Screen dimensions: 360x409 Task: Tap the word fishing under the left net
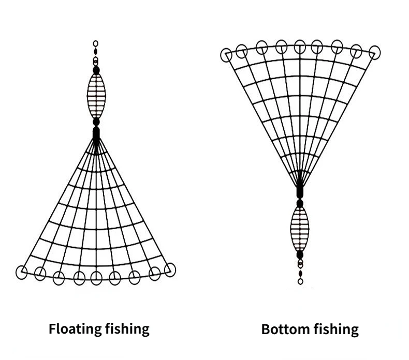tap(125, 328)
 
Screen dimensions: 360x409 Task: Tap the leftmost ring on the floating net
tap(22, 272)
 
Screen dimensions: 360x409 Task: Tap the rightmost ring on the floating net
tap(170, 268)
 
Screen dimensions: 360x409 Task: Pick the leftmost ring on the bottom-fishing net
tap(226, 55)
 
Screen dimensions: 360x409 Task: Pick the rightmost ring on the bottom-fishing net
tap(374, 52)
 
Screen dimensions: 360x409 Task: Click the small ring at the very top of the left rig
tap(96, 43)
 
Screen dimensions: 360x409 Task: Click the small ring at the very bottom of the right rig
tap(300, 281)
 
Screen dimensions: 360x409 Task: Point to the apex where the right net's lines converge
tap(299, 186)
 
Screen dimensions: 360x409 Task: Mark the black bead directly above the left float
tap(96, 69)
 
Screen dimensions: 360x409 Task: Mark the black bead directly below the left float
tap(96, 122)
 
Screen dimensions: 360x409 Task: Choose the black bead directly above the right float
tap(299, 203)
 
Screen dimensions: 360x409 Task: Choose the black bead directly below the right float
tap(300, 254)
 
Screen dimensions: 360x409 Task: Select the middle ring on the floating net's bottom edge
tap(96, 278)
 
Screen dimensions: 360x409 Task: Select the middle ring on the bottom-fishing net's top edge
tap(300, 47)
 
